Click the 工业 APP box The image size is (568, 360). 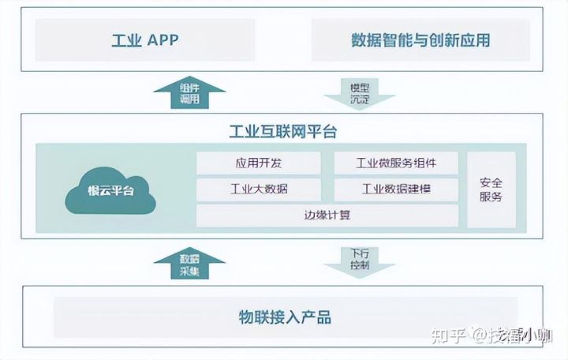(x=145, y=40)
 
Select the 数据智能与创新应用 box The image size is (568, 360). (x=420, y=40)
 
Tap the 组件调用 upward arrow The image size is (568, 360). (x=189, y=93)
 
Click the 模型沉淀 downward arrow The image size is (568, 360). (x=360, y=92)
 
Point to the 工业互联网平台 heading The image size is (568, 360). (x=283, y=130)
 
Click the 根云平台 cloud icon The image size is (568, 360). (x=111, y=190)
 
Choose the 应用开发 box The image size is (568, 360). (x=259, y=163)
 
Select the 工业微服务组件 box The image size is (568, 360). (x=396, y=163)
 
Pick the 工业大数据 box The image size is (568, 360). (x=259, y=189)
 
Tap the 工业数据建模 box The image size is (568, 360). (x=396, y=189)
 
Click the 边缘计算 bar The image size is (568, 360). (x=327, y=215)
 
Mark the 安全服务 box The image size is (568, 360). (x=491, y=189)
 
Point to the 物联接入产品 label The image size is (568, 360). (x=285, y=318)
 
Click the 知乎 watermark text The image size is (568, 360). (x=449, y=336)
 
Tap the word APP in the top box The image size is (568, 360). (x=163, y=40)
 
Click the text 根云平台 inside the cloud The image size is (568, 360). (x=111, y=192)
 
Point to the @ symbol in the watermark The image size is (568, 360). (x=481, y=336)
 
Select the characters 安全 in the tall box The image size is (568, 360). (x=491, y=182)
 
